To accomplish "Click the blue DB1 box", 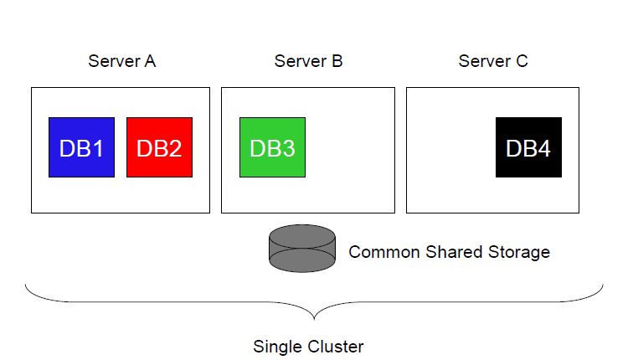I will (x=81, y=147).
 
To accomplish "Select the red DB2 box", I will (x=159, y=147).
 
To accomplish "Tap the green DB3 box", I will (x=272, y=147).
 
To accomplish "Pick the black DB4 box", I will (x=528, y=147).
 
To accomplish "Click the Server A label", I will (x=121, y=62).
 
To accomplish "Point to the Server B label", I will (x=308, y=62).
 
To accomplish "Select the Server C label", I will (x=493, y=62).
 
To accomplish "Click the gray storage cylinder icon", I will (x=301, y=249).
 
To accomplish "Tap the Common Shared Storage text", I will (x=449, y=252).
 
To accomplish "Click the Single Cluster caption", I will (x=308, y=346).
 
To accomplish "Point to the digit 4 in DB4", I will (x=544, y=148).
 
